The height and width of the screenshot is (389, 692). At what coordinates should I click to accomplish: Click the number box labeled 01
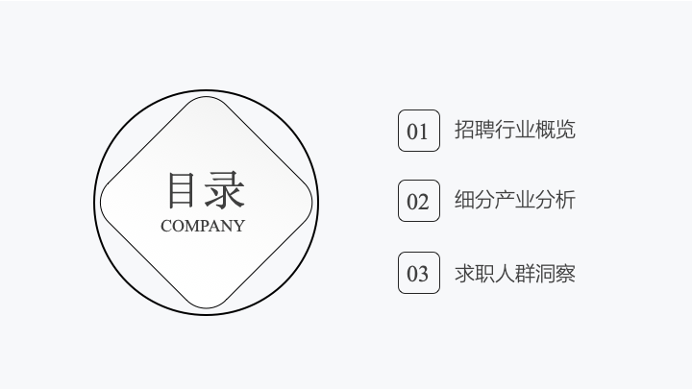(418, 131)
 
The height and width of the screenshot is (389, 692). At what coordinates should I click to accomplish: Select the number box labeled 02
(418, 201)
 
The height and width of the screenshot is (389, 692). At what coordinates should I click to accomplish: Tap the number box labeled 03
(418, 273)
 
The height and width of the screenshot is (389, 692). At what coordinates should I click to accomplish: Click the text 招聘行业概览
(514, 130)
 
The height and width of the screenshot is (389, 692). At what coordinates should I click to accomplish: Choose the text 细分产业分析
(514, 201)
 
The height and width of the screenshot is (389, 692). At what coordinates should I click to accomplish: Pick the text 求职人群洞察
(514, 273)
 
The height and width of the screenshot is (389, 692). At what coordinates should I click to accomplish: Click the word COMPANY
(203, 227)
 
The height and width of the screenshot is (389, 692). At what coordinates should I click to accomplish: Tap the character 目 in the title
(183, 189)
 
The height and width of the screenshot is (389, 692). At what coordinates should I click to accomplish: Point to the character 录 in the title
(225, 189)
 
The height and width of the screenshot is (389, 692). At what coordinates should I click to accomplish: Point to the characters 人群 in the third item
(514, 273)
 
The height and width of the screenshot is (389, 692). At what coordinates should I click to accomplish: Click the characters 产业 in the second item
(514, 201)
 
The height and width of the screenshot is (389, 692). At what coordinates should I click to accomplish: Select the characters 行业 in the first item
(514, 130)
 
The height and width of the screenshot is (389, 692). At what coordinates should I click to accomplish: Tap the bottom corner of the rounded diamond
(207, 307)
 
